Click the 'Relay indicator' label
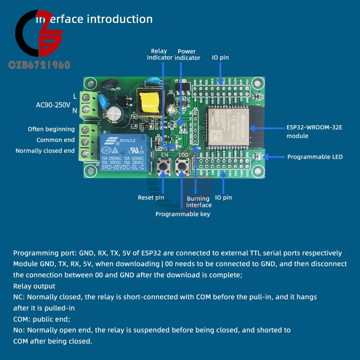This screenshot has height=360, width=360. [x=159, y=54]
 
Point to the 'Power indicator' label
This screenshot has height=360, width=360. [x=187, y=54]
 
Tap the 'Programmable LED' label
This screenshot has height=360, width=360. [x=315, y=157]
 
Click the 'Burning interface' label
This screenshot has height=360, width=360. [x=199, y=202]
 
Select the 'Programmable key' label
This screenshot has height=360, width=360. [x=183, y=214]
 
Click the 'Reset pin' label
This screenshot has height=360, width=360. [x=151, y=197]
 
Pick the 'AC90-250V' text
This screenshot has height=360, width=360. [x=53, y=105]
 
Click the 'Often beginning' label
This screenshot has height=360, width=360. [x=51, y=129]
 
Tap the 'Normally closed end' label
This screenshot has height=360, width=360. [x=45, y=151]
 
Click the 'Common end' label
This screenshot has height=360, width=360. [x=55, y=140]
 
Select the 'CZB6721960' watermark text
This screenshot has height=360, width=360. [x=39, y=65]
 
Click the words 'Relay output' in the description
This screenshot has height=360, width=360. [x=34, y=286]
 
